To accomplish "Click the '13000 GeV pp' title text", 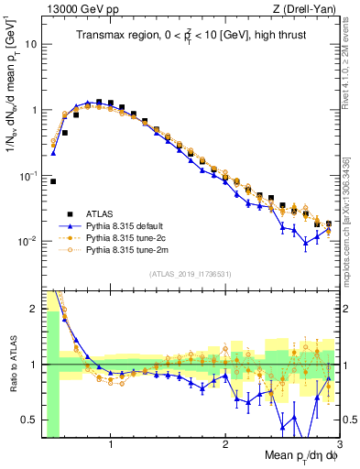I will (74, 9).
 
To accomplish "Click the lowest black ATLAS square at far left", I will (53, 181).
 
